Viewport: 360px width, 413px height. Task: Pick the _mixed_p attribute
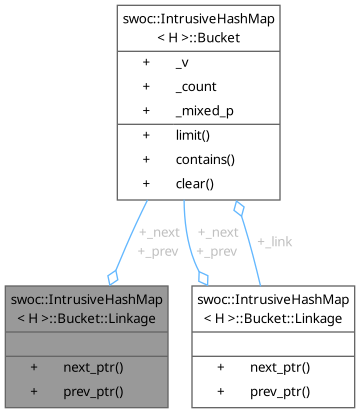pyautogui.click(x=200, y=109)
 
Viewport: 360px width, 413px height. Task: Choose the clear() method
pyautogui.click(x=195, y=183)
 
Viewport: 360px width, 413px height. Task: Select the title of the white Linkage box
pyautogui.click(x=272, y=309)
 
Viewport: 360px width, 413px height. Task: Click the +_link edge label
pyautogui.click(x=274, y=242)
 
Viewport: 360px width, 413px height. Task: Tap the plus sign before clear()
pyautogui.click(x=147, y=183)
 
